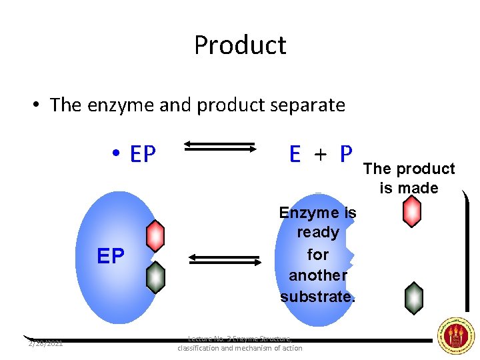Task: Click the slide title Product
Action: point(240,45)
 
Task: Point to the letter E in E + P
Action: point(295,154)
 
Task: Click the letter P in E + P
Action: point(345,154)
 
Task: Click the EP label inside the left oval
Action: point(111,257)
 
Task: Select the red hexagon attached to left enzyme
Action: point(155,236)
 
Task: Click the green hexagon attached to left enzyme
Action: point(155,277)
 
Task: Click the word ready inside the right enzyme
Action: point(318,233)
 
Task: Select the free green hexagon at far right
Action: point(414,298)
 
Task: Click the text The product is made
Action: point(409,178)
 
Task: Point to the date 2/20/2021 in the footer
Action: point(45,343)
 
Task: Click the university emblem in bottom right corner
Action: point(455,335)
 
